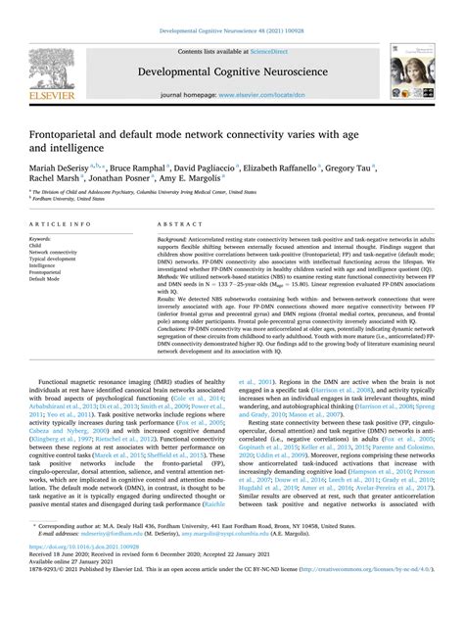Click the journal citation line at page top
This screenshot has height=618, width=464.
click(231, 31)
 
